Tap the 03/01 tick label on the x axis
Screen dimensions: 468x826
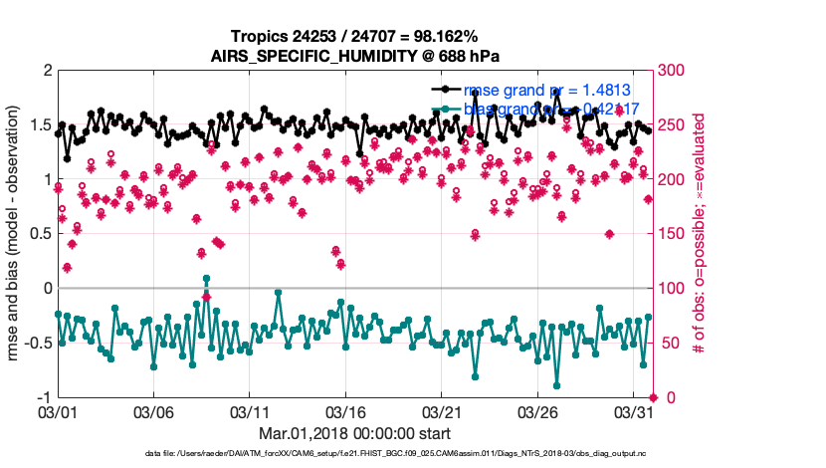tap(57, 411)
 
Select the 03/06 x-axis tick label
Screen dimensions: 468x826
tap(153, 411)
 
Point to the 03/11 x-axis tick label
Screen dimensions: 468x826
tap(250, 411)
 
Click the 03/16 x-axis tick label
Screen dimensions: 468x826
tap(346, 411)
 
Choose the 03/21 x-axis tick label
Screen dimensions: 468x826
tap(443, 411)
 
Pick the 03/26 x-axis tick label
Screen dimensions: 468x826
tap(539, 411)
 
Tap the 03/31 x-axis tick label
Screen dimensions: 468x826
tap(635, 411)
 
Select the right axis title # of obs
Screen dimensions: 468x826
tap(700, 234)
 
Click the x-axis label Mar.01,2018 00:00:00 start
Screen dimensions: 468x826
tap(354, 433)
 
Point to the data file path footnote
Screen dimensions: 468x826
tap(396, 454)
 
